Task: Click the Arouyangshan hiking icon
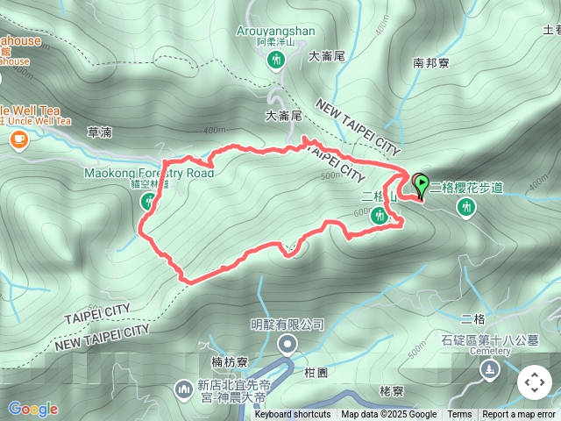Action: click(277, 60)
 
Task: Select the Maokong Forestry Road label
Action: click(149, 173)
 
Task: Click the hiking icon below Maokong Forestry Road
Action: click(147, 202)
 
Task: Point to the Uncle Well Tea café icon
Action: click(19, 139)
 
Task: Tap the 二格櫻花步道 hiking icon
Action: click(467, 206)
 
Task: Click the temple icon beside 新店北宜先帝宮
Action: click(183, 387)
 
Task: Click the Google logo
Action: click(32, 409)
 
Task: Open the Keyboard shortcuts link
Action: click(293, 415)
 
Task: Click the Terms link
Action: click(459, 415)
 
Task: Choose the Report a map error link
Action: click(519, 415)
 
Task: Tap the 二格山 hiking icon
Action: click(380, 215)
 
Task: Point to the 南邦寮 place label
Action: click(430, 63)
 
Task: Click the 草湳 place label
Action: click(100, 132)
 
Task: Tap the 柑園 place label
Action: click(316, 372)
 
